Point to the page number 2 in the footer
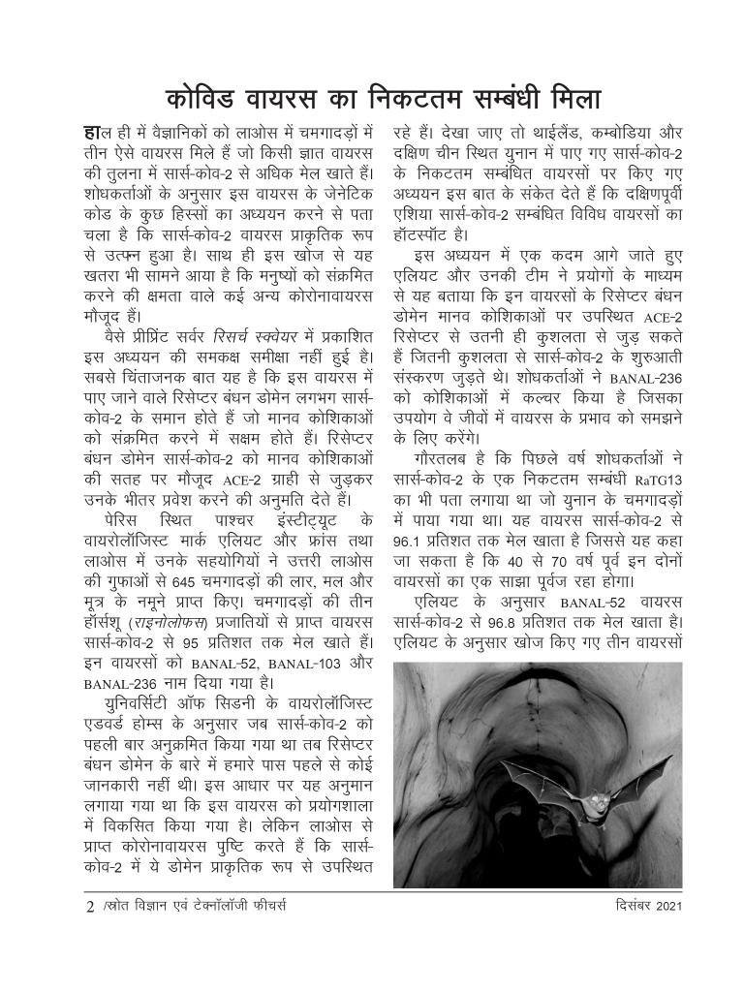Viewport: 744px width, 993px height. (90, 909)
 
